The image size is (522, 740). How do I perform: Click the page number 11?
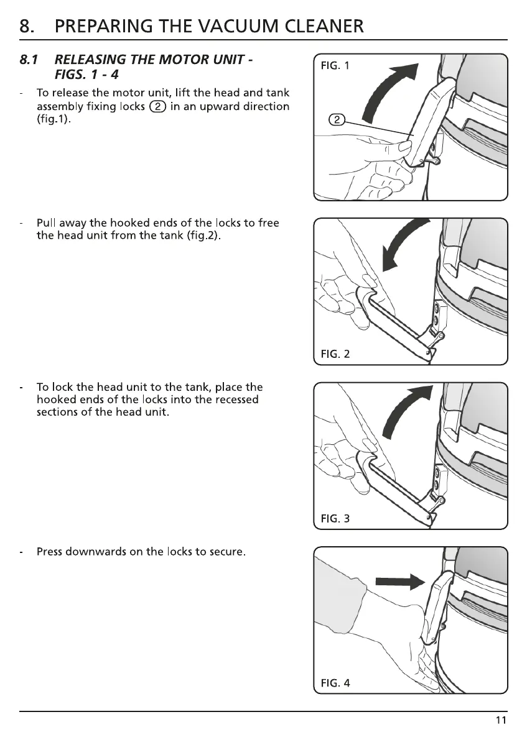point(501,721)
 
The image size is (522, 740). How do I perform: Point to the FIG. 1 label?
point(335,65)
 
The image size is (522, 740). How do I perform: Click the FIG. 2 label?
point(335,354)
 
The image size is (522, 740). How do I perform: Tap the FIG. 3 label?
point(335,519)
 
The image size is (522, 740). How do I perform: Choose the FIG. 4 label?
point(335,683)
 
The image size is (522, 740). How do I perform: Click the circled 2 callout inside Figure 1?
point(336,120)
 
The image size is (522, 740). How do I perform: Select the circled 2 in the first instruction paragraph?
point(159,107)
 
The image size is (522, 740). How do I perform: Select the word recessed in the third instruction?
point(235,400)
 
